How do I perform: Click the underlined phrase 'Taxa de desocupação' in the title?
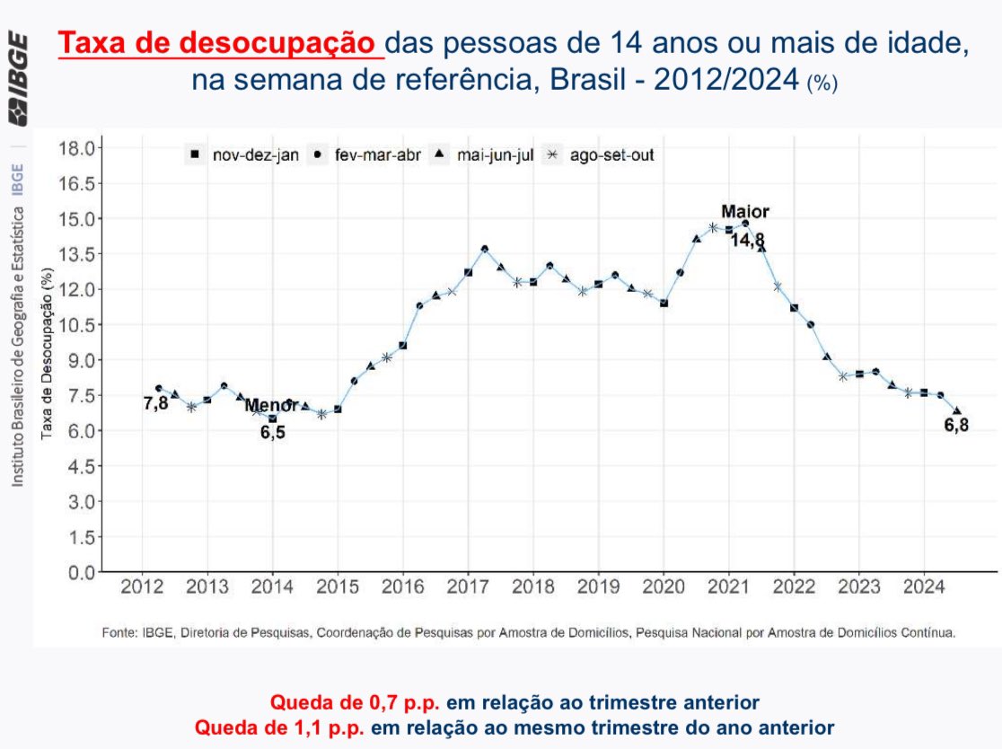[x=221, y=43]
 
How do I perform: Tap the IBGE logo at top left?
[x=18, y=80]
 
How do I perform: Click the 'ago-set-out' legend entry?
[x=611, y=154]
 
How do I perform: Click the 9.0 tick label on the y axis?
[x=80, y=360]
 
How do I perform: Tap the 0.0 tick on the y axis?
[x=80, y=572]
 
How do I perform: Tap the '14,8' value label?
[x=747, y=240]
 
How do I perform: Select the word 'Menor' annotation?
[x=271, y=406]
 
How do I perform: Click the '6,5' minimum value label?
[x=272, y=433]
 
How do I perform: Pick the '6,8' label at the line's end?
[x=956, y=425]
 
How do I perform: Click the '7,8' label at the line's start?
[x=156, y=403]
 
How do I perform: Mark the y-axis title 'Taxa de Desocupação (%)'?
[x=47, y=359]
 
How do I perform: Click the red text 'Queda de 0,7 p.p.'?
[x=318, y=701]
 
